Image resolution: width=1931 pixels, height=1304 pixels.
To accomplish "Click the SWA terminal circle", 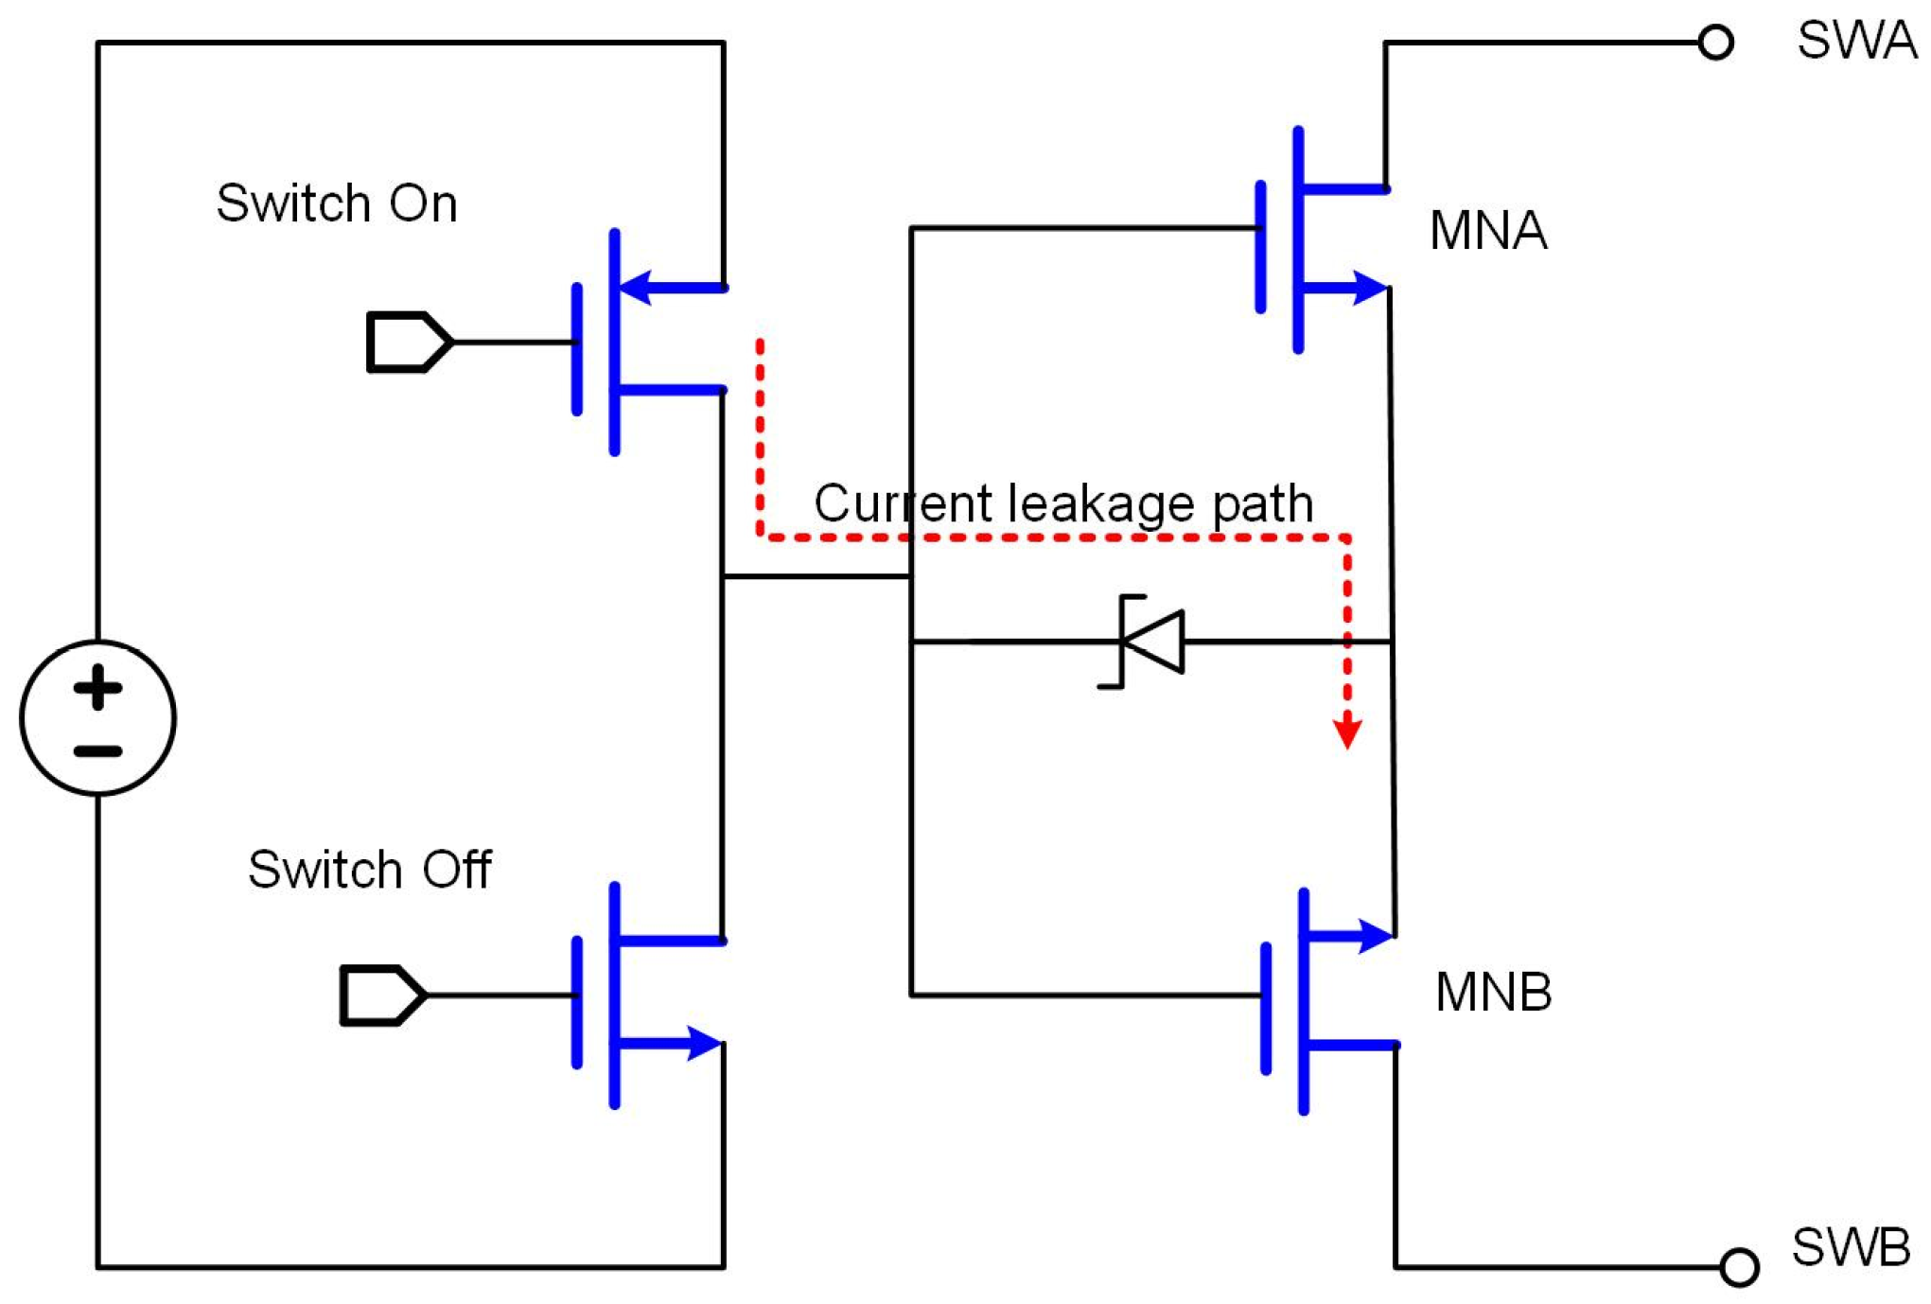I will (x=1714, y=43).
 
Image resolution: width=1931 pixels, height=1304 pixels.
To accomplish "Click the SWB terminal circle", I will (x=1738, y=1267).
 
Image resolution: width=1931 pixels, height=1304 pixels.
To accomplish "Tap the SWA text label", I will (x=1855, y=41).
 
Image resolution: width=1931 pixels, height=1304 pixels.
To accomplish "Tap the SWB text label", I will (x=1850, y=1246).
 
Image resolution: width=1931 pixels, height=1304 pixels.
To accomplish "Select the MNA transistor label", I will (x=1487, y=230).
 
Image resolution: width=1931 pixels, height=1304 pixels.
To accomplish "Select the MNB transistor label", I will (x=1493, y=992).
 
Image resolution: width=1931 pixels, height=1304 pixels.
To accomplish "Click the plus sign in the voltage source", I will (x=97, y=687).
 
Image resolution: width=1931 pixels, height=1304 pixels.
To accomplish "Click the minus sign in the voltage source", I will (x=97, y=751).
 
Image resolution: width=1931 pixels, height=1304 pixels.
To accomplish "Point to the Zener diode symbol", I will (x=1150, y=642).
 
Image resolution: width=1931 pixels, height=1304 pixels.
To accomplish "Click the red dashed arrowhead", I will (x=1346, y=732).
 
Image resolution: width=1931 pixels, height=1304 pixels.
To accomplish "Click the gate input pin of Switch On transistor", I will (x=408, y=342).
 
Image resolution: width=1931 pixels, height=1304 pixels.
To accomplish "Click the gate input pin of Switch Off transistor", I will (x=381, y=995).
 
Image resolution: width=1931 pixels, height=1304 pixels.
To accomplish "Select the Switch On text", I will (x=337, y=203).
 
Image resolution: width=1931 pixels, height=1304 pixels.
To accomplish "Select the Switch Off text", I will (x=369, y=869).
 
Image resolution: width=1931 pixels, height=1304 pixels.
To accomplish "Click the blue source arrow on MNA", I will (x=1367, y=287).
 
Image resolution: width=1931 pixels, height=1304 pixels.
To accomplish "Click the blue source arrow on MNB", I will (x=1373, y=935).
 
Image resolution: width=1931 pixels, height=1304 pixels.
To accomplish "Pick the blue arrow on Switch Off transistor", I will (x=701, y=1043).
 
